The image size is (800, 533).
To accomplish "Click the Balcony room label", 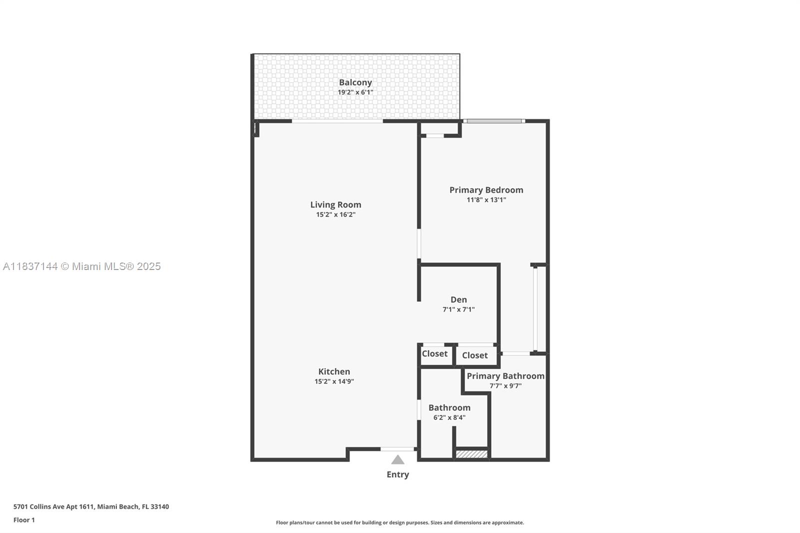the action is coord(355,82).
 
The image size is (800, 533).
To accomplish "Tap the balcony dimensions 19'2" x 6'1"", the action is coord(355,92).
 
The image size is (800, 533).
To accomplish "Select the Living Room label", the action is coord(335,204).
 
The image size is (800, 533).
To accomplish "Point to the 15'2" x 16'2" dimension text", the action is coord(335,214).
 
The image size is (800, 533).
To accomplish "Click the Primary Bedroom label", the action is coord(486,190).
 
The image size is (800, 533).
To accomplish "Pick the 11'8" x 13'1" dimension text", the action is coord(486,199).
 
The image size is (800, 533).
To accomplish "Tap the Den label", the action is coord(458,299).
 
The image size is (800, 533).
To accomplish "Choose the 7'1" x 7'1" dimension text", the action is coord(458,309).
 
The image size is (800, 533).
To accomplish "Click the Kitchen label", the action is coord(334,371).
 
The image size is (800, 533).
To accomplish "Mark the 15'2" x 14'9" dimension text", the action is coord(334,381).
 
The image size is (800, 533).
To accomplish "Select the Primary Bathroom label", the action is coord(505,376).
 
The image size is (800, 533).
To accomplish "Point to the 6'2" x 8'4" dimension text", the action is coord(449,417).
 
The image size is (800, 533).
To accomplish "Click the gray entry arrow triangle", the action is coord(398,460).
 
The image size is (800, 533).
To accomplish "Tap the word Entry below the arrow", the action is coord(398,474).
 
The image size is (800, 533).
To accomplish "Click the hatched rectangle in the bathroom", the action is coord(472,454).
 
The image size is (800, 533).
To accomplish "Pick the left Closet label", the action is coord(434,353).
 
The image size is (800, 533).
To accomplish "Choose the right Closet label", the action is coord(475,355).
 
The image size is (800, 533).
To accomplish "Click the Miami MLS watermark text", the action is coord(82,266).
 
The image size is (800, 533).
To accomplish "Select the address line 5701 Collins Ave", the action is coord(91,506).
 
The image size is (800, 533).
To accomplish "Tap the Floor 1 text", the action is coord(24,520).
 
